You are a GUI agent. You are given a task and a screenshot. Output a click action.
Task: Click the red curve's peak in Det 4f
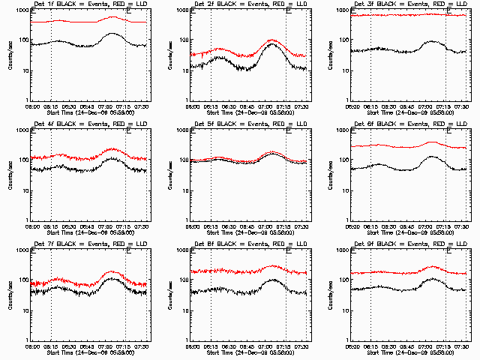[x=112, y=149]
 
